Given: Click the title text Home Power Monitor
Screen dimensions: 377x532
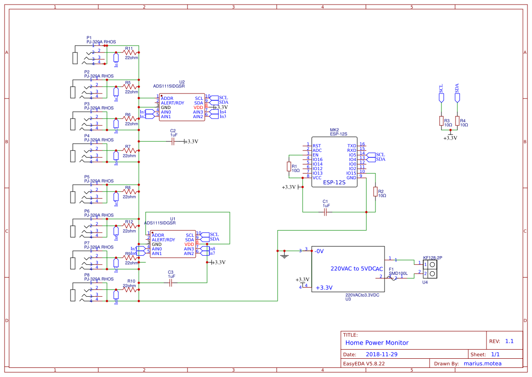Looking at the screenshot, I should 377,343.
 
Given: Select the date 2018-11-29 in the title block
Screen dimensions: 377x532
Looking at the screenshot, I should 382,354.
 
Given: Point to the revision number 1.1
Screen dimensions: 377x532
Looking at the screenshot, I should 509,341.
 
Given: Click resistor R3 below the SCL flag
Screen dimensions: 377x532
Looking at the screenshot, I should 441,120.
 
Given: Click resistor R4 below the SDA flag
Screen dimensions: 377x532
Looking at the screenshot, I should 457,120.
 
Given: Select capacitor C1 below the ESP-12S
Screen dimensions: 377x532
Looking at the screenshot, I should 325,212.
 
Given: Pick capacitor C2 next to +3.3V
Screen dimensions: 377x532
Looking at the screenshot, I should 172,142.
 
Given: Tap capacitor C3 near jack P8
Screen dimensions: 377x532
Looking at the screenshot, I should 171,283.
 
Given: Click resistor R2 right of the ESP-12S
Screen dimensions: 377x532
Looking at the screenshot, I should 375,191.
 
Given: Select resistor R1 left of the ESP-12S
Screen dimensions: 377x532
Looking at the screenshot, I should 289,166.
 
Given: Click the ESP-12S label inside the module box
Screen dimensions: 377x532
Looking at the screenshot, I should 334,182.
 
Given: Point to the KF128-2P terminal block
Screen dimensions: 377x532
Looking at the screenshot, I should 430,269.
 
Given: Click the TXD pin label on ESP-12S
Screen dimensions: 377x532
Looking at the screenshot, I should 352,145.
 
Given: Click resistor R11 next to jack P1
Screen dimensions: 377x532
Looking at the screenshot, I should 129,52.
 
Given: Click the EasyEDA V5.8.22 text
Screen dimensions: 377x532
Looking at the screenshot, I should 364,363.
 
